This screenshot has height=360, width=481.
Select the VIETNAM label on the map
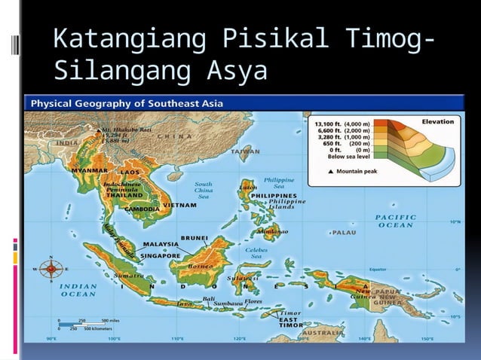click(181, 205)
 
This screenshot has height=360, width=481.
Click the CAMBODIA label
click(141, 209)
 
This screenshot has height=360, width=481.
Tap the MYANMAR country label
click(90, 171)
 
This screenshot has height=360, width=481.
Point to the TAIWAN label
click(245, 151)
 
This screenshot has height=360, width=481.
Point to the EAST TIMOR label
click(291, 322)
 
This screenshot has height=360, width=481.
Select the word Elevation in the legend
click(437, 121)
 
